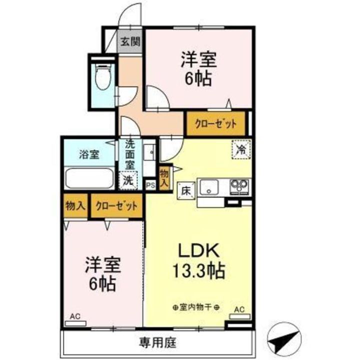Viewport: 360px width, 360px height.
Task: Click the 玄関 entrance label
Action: [130, 42]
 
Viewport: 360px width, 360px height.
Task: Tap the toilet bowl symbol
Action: [103, 76]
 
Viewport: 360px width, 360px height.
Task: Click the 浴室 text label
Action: [89, 154]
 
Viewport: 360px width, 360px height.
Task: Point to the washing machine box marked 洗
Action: [128, 180]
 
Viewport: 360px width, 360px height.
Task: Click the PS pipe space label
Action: [150, 185]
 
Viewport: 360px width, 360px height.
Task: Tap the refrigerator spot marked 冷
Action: [241, 149]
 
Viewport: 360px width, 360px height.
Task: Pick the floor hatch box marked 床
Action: [186, 190]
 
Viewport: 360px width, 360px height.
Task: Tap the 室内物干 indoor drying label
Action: [195, 307]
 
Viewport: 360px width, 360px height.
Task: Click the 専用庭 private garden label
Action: [157, 343]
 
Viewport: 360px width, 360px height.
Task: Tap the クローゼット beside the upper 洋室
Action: [216, 124]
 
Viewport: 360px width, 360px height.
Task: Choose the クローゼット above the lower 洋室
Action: [116, 205]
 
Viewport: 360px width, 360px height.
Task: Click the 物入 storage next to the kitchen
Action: [164, 178]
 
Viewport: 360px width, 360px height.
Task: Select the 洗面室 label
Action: [130, 154]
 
